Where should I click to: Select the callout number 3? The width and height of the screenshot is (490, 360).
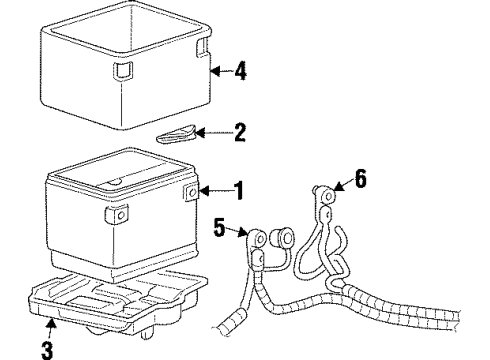(46, 349)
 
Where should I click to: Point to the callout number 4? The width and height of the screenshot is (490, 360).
(240, 71)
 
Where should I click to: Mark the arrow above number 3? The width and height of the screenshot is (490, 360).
(50, 325)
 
